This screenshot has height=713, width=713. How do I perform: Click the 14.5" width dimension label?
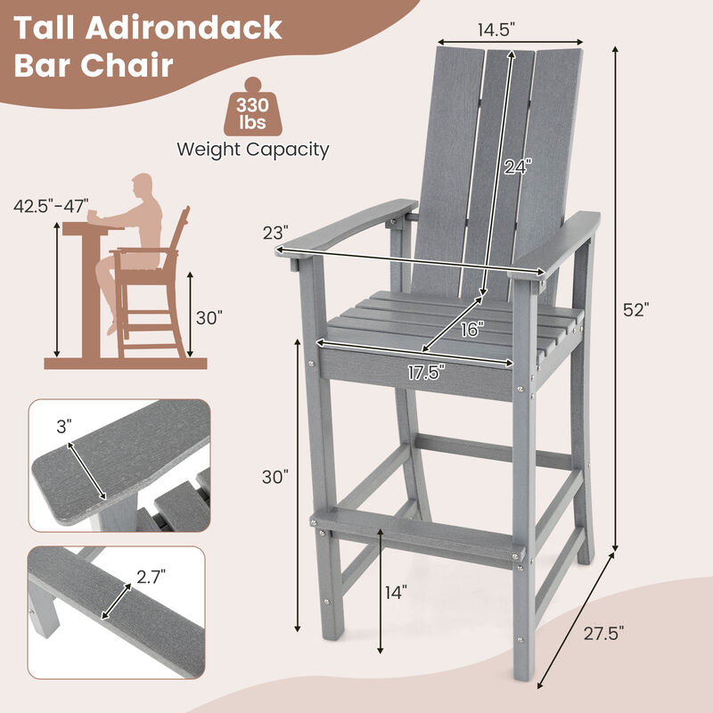coord(498,29)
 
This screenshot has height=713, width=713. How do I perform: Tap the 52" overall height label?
coord(636,310)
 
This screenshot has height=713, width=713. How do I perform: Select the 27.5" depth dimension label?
coord(603,633)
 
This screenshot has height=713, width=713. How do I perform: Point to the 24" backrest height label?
coord(516,167)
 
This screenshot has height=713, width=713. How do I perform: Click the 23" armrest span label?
coord(275,233)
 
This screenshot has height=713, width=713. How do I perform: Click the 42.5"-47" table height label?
coord(52,206)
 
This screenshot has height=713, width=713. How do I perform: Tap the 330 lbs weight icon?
coord(252,111)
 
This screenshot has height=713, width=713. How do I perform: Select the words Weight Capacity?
coord(252,149)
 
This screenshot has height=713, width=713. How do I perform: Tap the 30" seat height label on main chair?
coord(275,477)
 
